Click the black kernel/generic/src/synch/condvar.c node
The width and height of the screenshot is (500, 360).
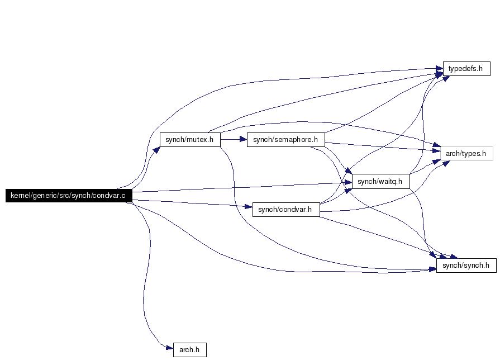(x=69, y=195)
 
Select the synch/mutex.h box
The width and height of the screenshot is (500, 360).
(x=190, y=140)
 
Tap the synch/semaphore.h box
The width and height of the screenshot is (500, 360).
(x=285, y=140)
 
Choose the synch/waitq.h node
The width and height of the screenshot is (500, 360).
(x=381, y=181)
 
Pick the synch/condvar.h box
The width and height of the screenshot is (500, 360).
(x=286, y=210)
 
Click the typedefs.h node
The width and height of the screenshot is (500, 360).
(x=466, y=69)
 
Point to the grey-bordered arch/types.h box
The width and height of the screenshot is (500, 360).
(x=466, y=154)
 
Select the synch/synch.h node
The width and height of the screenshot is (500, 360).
(x=466, y=266)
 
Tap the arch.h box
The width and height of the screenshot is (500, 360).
(x=190, y=350)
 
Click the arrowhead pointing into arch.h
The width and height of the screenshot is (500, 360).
(x=170, y=348)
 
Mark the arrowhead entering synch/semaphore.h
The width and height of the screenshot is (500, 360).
(x=244, y=139)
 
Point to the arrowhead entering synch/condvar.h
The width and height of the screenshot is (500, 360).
(x=249, y=206)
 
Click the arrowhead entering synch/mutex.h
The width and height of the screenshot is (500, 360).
(x=156, y=150)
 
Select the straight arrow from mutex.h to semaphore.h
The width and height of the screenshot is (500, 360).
(x=234, y=139)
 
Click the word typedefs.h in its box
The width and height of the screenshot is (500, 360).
(x=465, y=69)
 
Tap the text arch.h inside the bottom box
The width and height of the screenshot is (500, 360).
(x=189, y=350)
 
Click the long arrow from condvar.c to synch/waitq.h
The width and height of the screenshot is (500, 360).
(x=242, y=187)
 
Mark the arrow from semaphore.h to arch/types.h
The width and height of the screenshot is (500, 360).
(x=383, y=146)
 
